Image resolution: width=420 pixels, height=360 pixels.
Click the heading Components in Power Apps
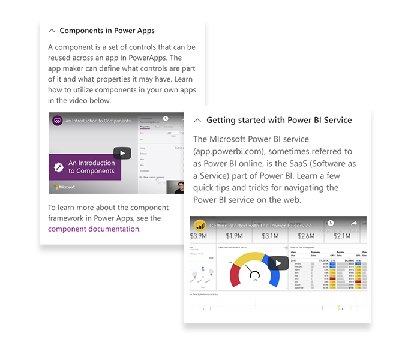107,31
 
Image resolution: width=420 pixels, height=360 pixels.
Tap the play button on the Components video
122,153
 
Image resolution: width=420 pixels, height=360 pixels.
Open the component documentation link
94,229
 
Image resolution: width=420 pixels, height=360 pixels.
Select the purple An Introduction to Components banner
85,167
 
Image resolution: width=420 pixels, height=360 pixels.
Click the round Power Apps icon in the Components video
58,121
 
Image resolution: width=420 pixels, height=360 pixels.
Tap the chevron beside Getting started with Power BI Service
197,120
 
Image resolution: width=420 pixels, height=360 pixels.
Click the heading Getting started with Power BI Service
279,120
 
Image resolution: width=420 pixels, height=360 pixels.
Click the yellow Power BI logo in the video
200,226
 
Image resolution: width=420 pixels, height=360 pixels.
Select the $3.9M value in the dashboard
200,236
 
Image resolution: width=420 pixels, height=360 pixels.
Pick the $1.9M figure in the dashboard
235,236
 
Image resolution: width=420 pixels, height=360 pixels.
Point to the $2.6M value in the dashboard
306,236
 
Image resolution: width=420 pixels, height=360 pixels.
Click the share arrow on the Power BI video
354,224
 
